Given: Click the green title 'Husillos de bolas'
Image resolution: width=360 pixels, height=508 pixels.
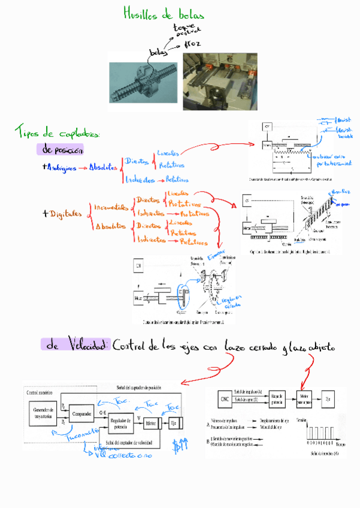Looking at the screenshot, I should click(163, 14).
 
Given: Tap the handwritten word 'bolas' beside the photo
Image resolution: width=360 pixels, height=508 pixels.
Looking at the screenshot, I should click(158, 53).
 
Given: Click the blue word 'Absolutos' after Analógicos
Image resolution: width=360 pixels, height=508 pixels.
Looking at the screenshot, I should click(102, 168).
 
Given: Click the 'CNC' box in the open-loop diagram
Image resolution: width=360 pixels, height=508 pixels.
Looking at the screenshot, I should click(225, 400).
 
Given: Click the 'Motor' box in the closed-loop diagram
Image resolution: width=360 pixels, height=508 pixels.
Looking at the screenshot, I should click(152, 424).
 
